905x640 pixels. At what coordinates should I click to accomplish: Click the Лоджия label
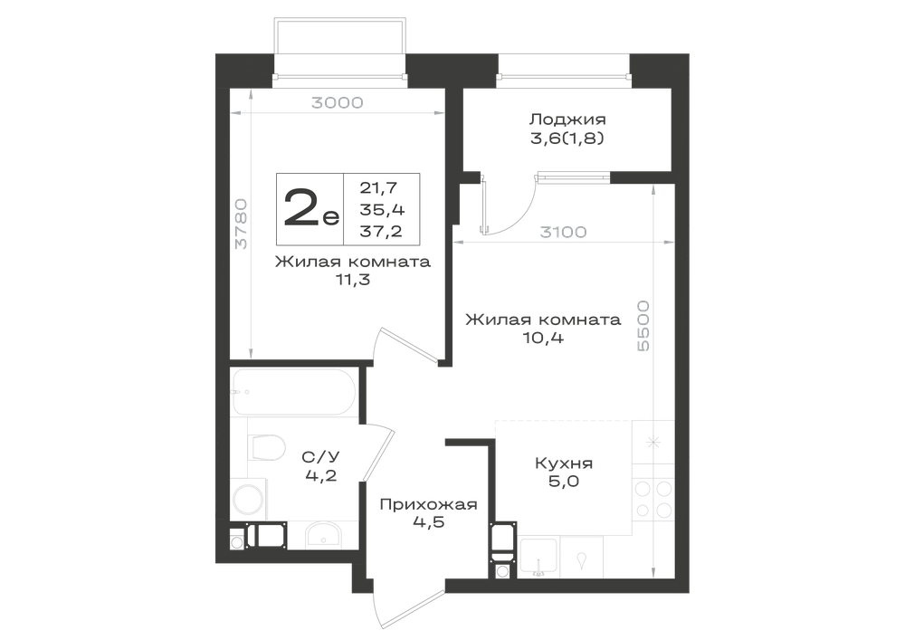click(568, 119)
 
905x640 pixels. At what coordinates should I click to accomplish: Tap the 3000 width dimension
click(337, 102)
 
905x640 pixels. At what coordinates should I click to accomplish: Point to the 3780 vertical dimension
click(241, 224)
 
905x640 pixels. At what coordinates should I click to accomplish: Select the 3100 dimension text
click(563, 232)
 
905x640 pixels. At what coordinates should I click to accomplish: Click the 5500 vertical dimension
click(643, 326)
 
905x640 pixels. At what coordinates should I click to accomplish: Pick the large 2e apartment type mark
click(311, 209)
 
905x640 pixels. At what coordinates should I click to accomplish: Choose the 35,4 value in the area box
click(382, 209)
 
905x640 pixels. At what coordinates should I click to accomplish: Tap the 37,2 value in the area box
click(381, 231)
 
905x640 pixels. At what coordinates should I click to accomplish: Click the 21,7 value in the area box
click(378, 187)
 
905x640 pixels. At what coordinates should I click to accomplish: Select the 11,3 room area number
click(353, 280)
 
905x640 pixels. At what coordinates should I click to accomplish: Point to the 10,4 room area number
click(543, 338)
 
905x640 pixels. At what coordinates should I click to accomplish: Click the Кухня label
click(563, 463)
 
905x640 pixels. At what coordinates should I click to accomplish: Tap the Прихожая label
click(428, 504)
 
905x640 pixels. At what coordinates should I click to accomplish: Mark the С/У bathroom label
click(321, 456)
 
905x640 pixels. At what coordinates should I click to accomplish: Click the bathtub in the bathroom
click(295, 393)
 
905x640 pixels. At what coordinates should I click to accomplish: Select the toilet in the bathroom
click(267, 447)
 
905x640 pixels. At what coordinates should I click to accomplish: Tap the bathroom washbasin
click(324, 535)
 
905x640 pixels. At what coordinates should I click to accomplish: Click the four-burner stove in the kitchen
click(653, 499)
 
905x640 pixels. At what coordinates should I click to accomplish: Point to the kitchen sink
click(538, 558)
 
